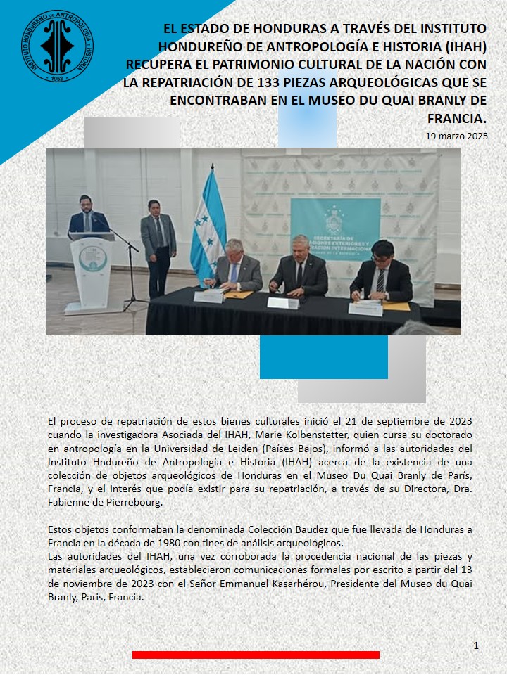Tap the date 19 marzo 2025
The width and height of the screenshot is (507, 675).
coord(456,136)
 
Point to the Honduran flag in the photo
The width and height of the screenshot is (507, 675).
coord(208,225)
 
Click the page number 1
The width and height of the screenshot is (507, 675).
coord(476,645)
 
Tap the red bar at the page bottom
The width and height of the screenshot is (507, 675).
coord(256,655)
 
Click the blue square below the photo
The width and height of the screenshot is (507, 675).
coord(323,357)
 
